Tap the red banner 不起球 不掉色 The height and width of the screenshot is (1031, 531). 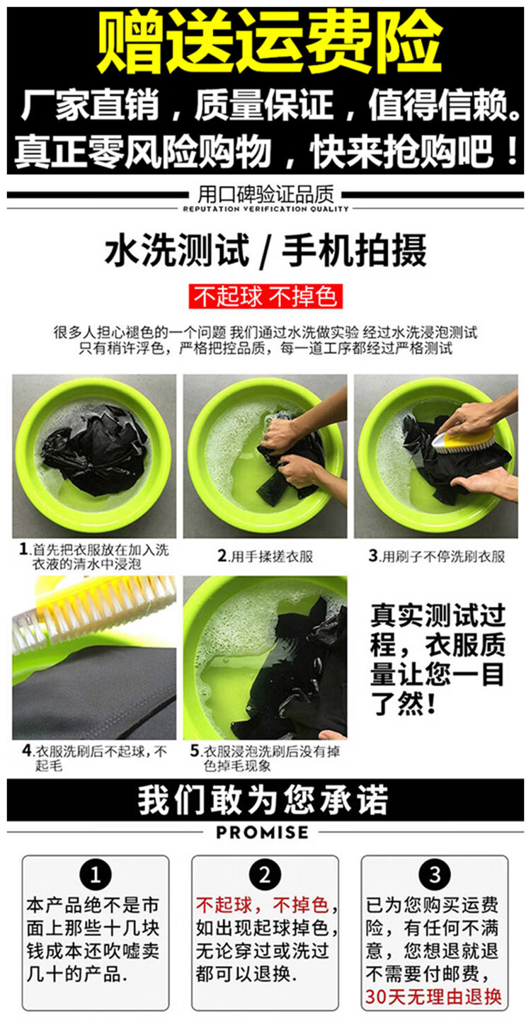265,296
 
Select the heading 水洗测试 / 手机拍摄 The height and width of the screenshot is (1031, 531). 265,251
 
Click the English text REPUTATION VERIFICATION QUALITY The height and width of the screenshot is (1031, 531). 265,209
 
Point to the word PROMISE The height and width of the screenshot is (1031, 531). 262,832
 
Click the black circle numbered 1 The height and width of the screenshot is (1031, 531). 96,875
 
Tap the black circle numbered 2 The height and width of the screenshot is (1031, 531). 265,875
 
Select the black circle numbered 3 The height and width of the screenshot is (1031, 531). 435,875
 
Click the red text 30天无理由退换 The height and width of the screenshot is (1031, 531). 433,996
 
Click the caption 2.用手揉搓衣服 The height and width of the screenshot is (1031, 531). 265,557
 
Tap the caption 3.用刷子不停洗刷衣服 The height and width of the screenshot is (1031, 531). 436,556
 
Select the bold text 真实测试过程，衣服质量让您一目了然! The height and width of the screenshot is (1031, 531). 438,659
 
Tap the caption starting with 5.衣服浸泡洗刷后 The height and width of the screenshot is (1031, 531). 265,758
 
